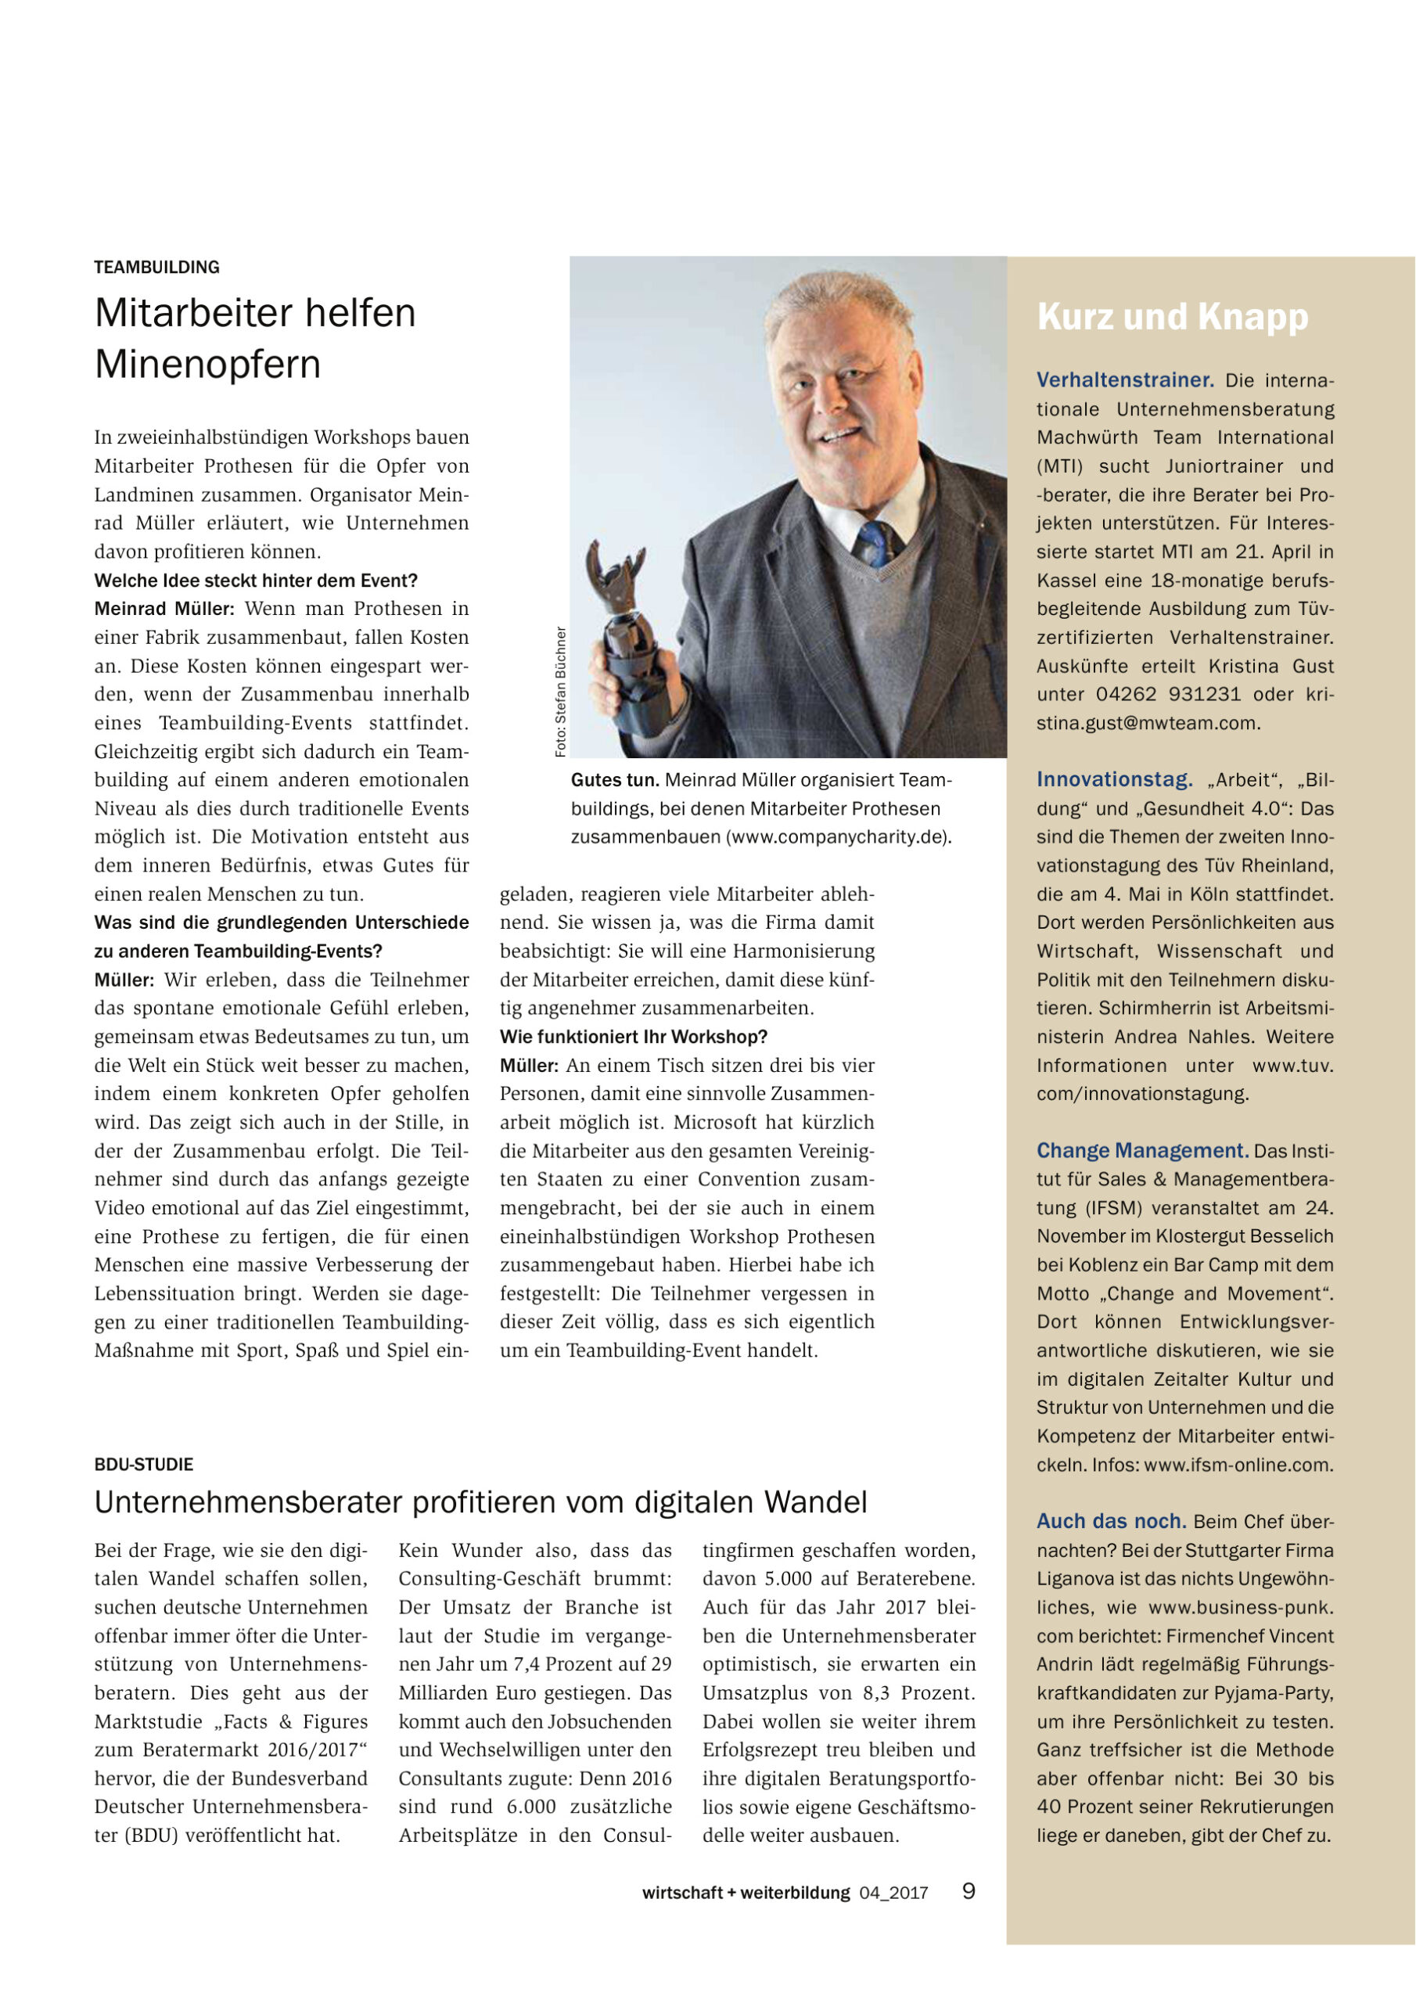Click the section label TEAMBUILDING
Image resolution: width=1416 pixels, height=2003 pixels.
[157, 267]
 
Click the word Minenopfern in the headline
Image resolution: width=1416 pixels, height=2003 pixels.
[207, 364]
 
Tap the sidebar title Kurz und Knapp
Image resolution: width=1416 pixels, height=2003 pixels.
[1173, 317]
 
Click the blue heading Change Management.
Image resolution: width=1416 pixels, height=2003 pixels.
[1142, 1150]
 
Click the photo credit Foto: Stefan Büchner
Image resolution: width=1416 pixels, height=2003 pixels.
[561, 691]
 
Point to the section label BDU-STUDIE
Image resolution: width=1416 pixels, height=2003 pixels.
[144, 1464]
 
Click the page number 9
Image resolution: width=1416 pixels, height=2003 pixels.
[969, 1891]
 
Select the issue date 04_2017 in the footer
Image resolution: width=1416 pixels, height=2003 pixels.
[893, 1893]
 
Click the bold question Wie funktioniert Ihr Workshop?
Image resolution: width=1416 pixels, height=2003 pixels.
[634, 1037]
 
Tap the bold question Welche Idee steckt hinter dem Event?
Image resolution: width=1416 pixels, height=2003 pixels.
[256, 580]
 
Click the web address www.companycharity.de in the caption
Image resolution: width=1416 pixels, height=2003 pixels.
[839, 836]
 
